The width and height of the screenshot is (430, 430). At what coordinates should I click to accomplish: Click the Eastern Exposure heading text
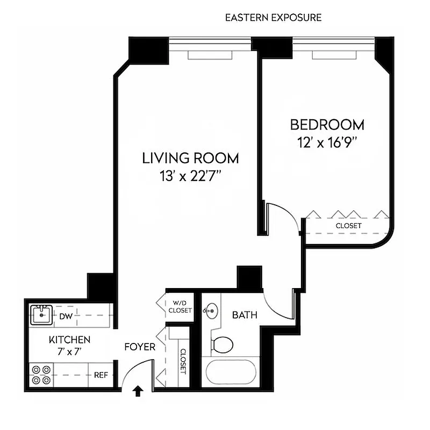pyautogui.click(x=273, y=18)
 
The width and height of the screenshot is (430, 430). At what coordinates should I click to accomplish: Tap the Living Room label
pyautogui.click(x=190, y=158)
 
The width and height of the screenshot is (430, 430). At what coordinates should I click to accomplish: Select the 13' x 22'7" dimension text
pyautogui.click(x=190, y=176)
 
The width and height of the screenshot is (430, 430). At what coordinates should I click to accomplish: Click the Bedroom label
pyautogui.click(x=327, y=125)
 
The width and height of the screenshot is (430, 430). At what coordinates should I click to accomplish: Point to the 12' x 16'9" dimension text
pyautogui.click(x=327, y=143)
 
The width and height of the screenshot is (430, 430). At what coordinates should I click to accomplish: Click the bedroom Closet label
pyautogui.click(x=348, y=226)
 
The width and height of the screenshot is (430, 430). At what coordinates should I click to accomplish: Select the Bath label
pyautogui.click(x=245, y=315)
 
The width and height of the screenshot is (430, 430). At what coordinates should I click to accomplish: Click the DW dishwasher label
pyautogui.click(x=66, y=316)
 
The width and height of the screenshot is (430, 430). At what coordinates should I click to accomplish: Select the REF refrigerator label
pyautogui.click(x=101, y=375)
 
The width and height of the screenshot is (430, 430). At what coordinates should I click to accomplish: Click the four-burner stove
pyautogui.click(x=41, y=375)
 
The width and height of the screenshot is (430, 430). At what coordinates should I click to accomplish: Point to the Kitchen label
pyautogui.click(x=69, y=340)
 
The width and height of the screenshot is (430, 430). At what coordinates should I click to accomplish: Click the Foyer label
pyautogui.click(x=140, y=347)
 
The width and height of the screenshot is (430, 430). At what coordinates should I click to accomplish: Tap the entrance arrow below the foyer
pyautogui.click(x=138, y=392)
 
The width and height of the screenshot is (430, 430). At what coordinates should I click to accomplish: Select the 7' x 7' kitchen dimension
pyautogui.click(x=69, y=352)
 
